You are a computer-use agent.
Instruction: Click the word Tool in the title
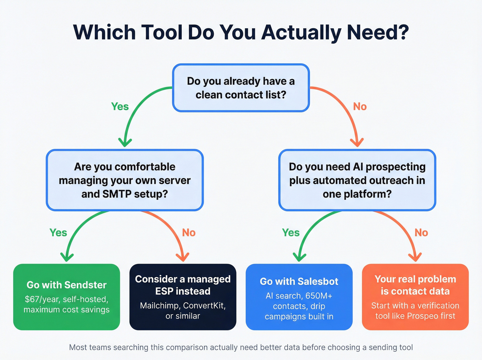click(x=162, y=32)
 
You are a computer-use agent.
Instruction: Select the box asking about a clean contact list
click(x=241, y=88)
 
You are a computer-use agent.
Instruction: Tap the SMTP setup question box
click(x=125, y=180)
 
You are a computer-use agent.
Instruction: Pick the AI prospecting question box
click(x=357, y=180)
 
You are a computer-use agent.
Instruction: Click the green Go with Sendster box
click(x=66, y=297)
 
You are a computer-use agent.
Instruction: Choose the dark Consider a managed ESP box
click(x=183, y=297)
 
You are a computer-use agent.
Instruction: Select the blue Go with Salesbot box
click(x=299, y=297)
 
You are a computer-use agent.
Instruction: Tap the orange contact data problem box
click(x=415, y=297)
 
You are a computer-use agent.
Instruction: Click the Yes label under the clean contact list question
click(x=120, y=107)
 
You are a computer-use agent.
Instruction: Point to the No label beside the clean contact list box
click(x=360, y=107)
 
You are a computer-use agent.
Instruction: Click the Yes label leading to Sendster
click(x=58, y=233)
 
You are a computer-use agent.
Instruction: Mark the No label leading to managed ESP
click(x=189, y=233)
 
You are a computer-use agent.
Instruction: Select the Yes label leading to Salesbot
click(x=291, y=233)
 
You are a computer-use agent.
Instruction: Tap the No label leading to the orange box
click(x=421, y=233)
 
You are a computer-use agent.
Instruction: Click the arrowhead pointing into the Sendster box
click(x=67, y=257)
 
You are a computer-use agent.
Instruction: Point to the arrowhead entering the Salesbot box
click(x=300, y=257)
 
